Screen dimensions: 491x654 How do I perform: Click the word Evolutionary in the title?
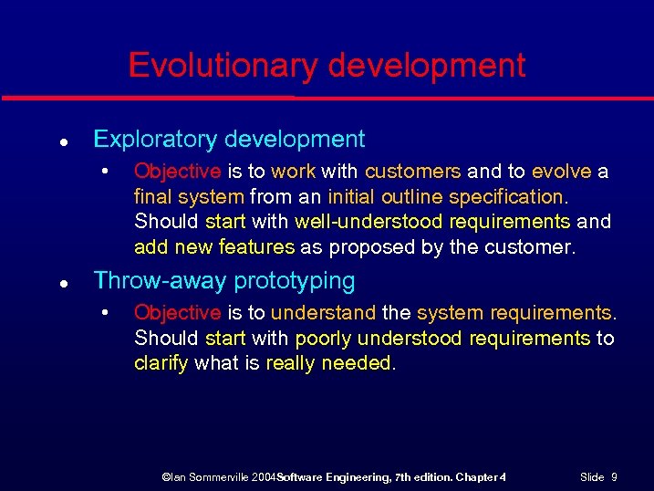point(221,66)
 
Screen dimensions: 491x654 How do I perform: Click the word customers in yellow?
point(413,172)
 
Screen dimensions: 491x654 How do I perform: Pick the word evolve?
point(561,172)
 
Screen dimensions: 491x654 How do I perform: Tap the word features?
point(256,246)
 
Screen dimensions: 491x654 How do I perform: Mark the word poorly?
point(323,339)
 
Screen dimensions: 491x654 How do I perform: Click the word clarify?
point(161,363)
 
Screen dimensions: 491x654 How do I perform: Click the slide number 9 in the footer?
point(614,477)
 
